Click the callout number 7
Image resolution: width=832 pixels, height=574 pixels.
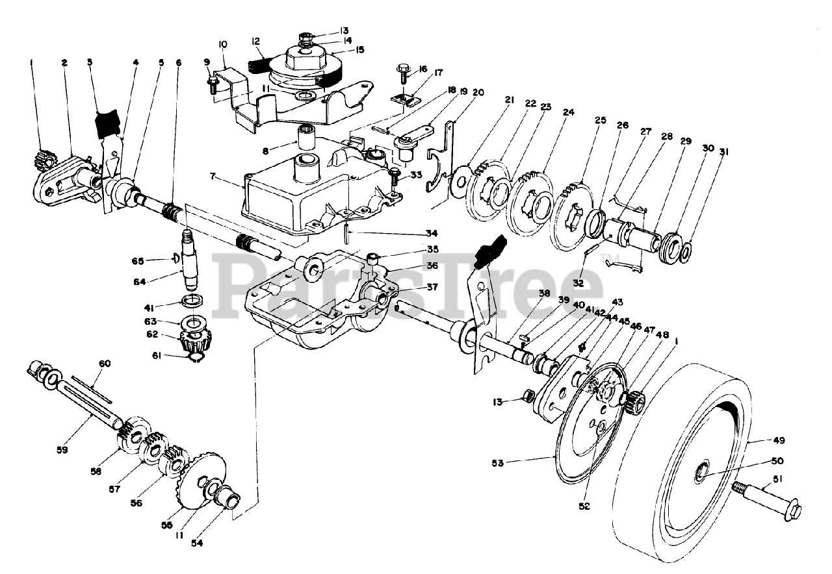pyautogui.click(x=212, y=176)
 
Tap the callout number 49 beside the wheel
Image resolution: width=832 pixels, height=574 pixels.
pyautogui.click(x=779, y=440)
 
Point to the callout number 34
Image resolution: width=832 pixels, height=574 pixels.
pyautogui.click(x=432, y=233)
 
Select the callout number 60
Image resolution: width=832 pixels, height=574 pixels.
pyautogui.click(x=105, y=364)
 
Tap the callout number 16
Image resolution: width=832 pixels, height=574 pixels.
pyautogui.click(x=422, y=69)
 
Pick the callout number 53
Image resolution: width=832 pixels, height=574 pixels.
pyautogui.click(x=497, y=463)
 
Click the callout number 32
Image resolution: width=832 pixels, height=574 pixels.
pyautogui.click(x=578, y=284)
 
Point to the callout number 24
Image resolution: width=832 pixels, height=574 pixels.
pyautogui.click(x=569, y=112)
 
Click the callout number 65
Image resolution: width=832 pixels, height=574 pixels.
pyautogui.click(x=137, y=261)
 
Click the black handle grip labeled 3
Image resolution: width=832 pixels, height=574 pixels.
pyautogui.click(x=107, y=123)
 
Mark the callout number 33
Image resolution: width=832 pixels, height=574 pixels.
pyautogui.click(x=417, y=174)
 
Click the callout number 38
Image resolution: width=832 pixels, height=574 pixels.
pyautogui.click(x=544, y=293)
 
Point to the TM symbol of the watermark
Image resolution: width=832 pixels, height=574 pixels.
pyautogui.click(x=613, y=256)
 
